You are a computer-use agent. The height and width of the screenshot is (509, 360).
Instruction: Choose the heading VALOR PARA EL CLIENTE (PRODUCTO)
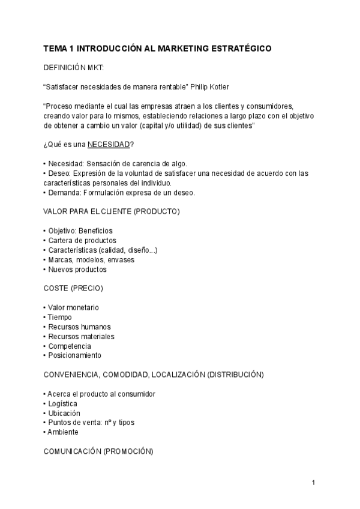click(x=112, y=211)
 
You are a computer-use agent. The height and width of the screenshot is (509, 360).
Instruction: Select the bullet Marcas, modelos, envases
click(x=91, y=259)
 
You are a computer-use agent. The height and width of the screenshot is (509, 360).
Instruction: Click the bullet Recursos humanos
click(x=76, y=327)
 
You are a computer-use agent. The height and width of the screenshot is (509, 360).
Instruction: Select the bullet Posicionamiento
click(x=74, y=355)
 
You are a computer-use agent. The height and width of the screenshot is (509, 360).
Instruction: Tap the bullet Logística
click(x=62, y=403)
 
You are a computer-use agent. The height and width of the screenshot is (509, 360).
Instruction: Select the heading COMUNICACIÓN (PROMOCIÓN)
click(x=99, y=451)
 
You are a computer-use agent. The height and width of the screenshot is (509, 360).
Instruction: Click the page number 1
click(x=313, y=482)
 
